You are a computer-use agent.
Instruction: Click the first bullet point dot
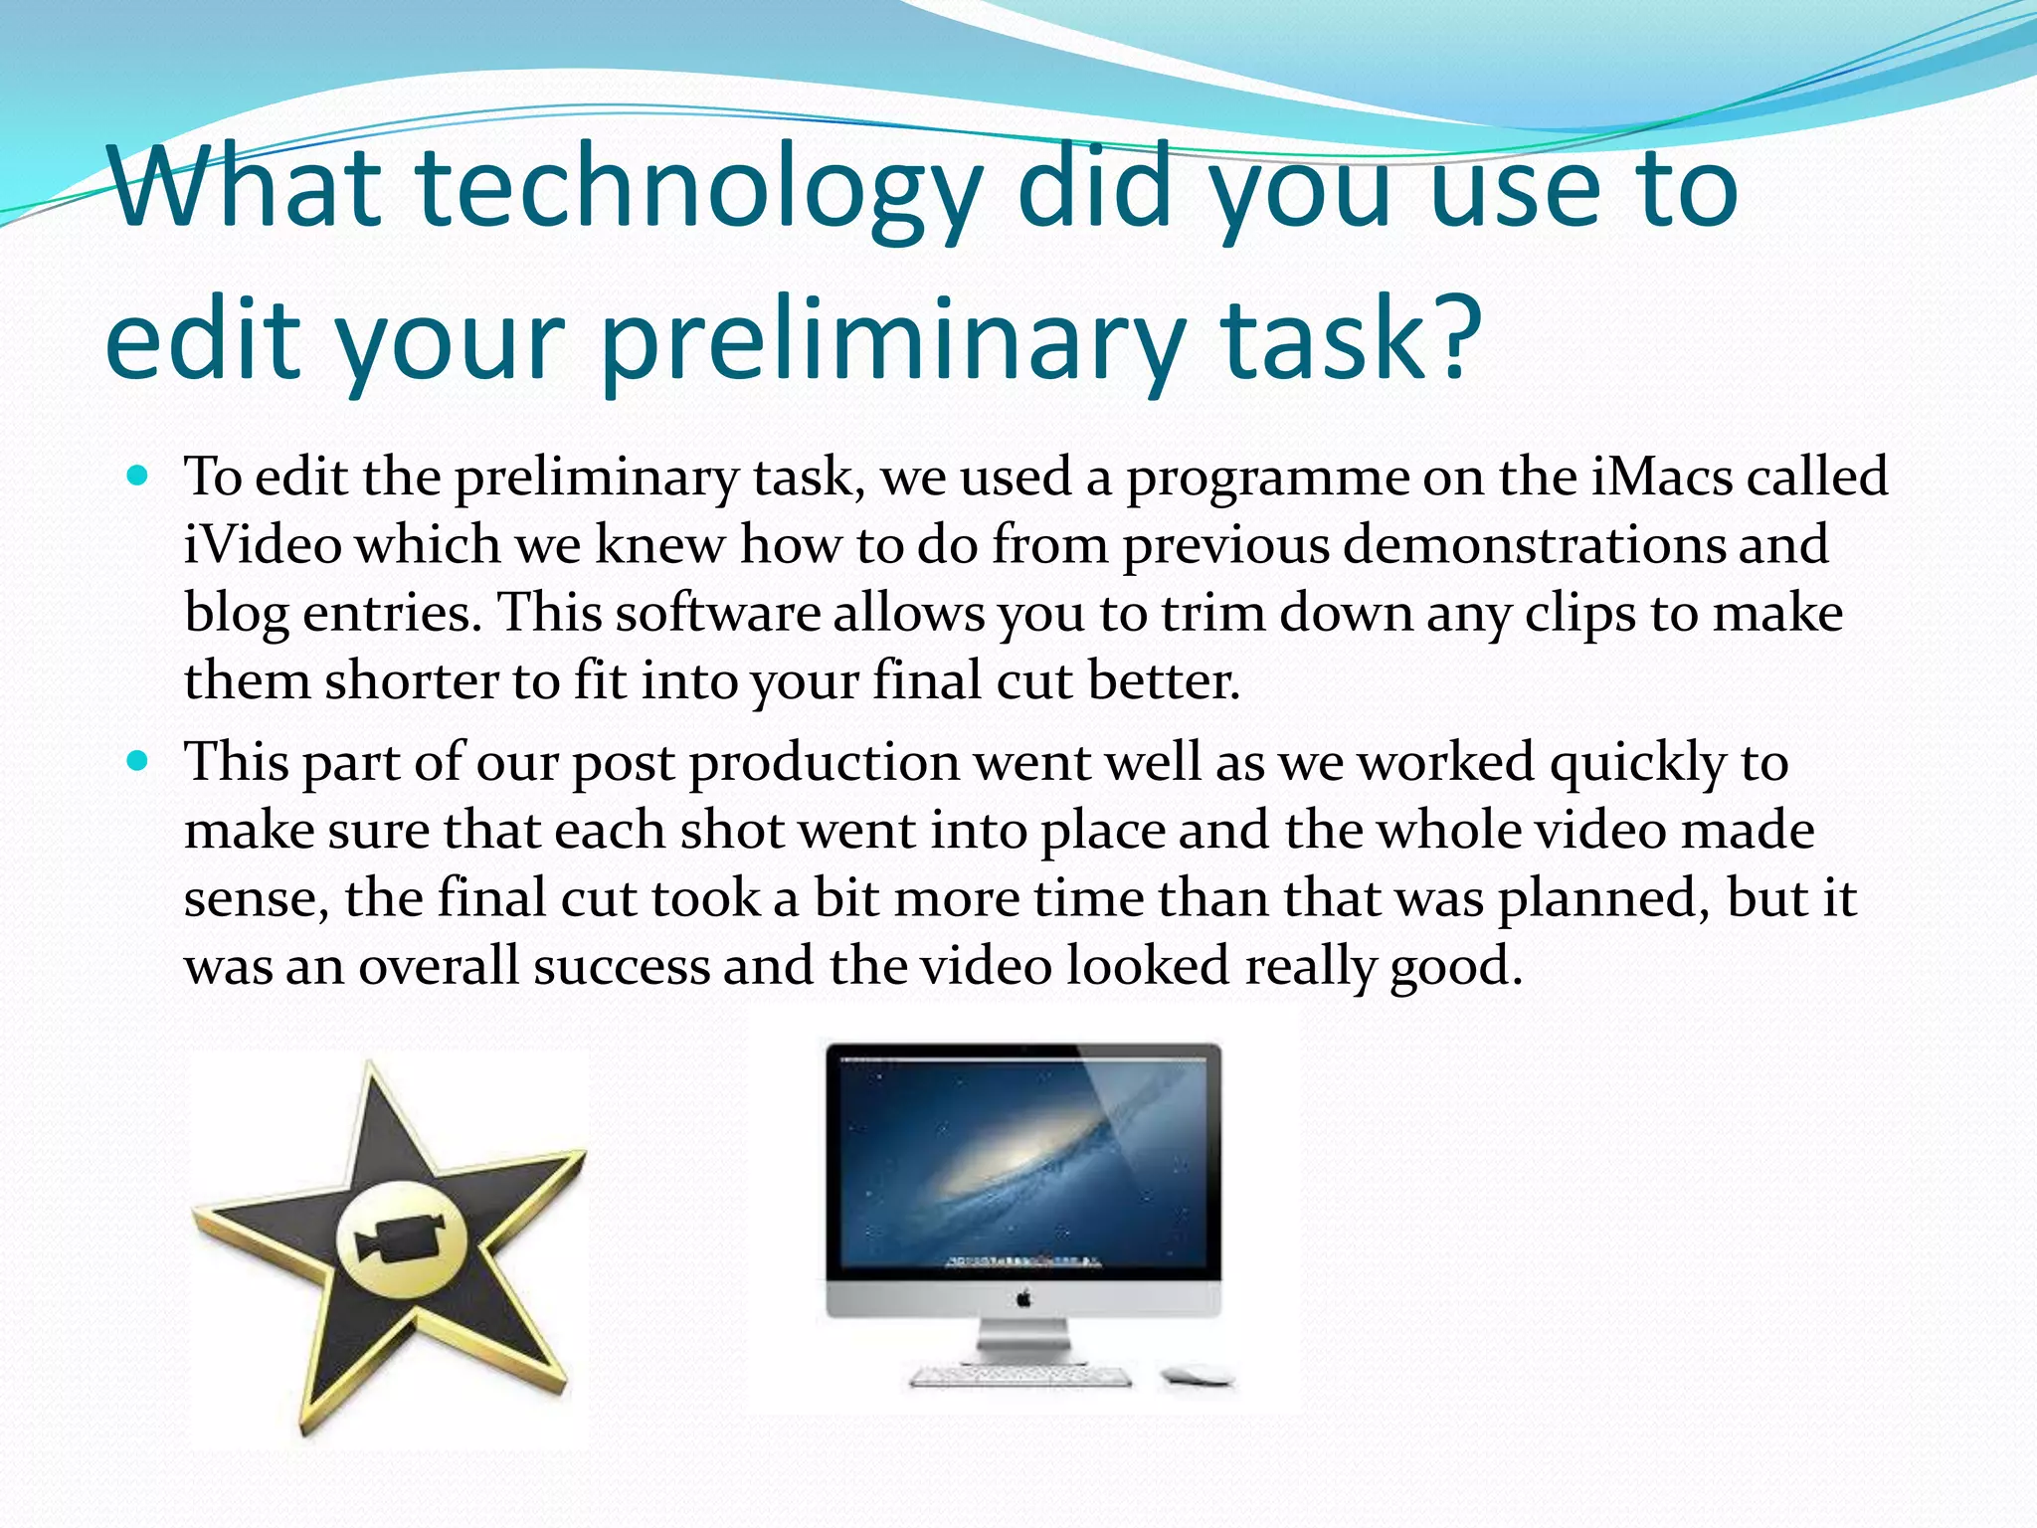138,477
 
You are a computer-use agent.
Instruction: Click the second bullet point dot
138,763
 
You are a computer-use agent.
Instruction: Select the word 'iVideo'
263,545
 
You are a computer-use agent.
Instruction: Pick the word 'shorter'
411,681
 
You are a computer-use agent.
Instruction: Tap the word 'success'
621,966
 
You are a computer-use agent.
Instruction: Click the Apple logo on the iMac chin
1023,1298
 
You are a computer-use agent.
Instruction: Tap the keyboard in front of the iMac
1020,1377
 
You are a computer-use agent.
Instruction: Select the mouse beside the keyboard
1197,1377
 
